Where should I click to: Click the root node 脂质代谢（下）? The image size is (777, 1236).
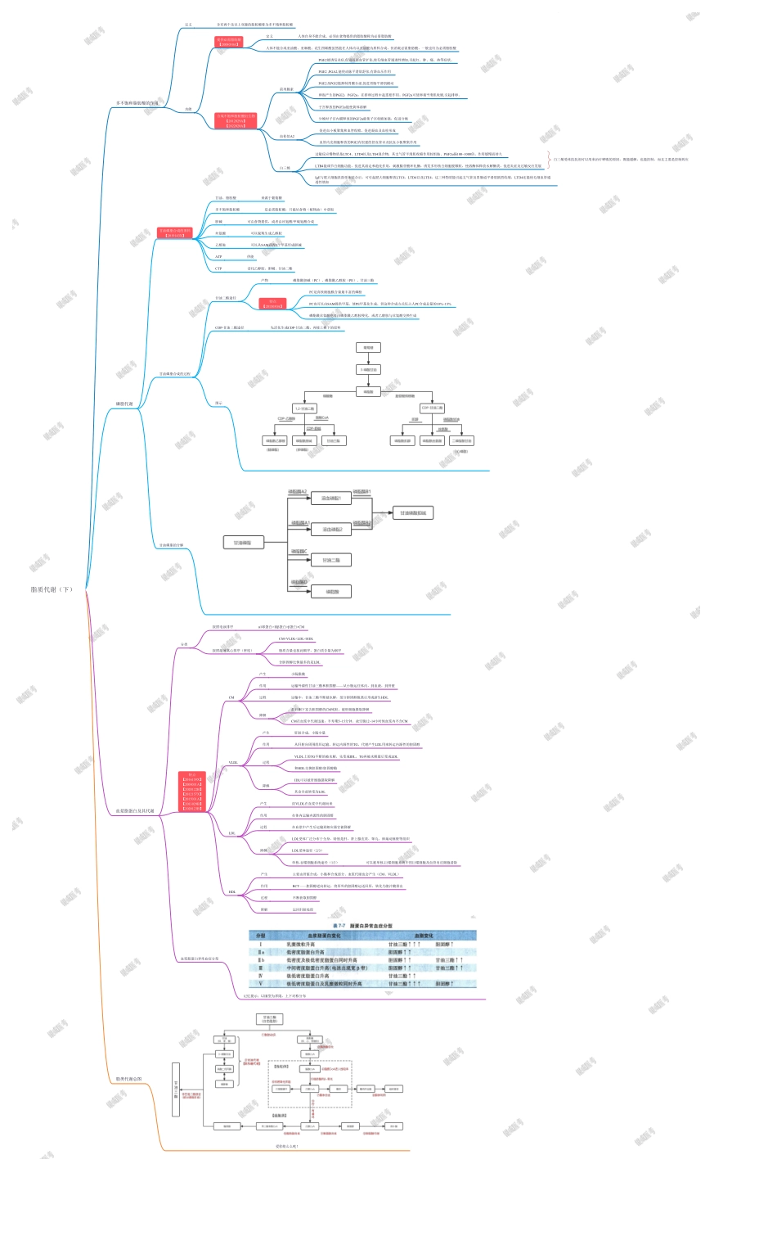(x=52, y=589)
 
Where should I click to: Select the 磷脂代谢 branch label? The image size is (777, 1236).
(x=124, y=404)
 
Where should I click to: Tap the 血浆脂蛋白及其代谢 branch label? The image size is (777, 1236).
(x=135, y=811)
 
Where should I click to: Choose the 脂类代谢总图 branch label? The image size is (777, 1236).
(x=128, y=1079)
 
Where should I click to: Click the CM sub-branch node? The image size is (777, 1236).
(x=231, y=698)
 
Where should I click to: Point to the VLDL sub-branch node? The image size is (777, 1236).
(x=233, y=763)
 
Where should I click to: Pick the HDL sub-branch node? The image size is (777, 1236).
(x=232, y=892)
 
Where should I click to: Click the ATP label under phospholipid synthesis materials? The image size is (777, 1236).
(x=218, y=256)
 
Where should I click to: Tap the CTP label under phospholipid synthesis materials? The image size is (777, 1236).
(x=218, y=268)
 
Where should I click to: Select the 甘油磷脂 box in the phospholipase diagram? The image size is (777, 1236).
(x=243, y=543)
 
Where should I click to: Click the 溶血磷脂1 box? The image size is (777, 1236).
(x=331, y=498)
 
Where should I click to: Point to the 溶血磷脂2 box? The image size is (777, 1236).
(x=331, y=530)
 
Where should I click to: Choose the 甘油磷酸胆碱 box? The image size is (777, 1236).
(x=413, y=513)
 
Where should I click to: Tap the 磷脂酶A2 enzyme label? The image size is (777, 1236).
(x=297, y=492)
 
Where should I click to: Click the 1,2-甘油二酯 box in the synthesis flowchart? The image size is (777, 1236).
(x=304, y=408)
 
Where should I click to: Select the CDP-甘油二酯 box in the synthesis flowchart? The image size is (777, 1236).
(x=432, y=408)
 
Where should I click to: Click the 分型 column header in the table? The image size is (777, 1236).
(x=261, y=936)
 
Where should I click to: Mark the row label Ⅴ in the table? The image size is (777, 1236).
(x=261, y=984)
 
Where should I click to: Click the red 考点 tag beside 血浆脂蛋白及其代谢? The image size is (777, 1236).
(x=192, y=792)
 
